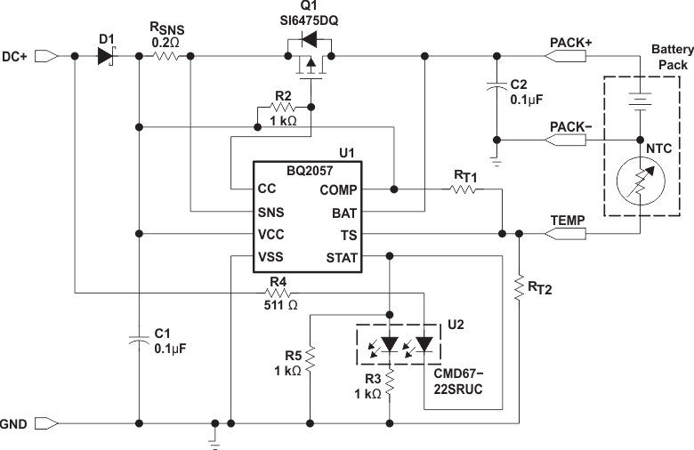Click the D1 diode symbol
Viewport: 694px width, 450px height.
tap(107, 56)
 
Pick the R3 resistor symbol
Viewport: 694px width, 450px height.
tap(390, 387)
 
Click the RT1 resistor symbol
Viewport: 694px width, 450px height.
tap(464, 189)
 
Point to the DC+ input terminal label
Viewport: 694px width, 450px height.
tap(14, 56)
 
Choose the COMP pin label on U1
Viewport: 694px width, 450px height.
tap(338, 189)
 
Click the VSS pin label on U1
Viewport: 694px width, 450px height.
tap(271, 258)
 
